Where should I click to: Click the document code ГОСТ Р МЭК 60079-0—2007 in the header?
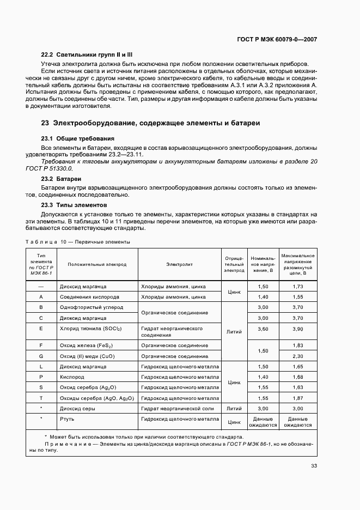coord(277,39)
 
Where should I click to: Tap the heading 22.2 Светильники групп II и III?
coord(87,55)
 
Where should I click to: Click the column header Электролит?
coord(179,264)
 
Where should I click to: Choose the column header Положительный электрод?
coord(97,264)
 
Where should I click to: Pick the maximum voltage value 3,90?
coord(297,329)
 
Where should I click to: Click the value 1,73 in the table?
coord(297,286)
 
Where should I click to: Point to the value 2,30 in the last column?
coord(297,356)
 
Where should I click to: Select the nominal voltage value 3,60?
coord(263,329)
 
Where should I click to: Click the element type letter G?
coord(41,356)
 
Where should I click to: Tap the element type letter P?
coord(41,377)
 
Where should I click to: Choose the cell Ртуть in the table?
coord(68,419)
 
